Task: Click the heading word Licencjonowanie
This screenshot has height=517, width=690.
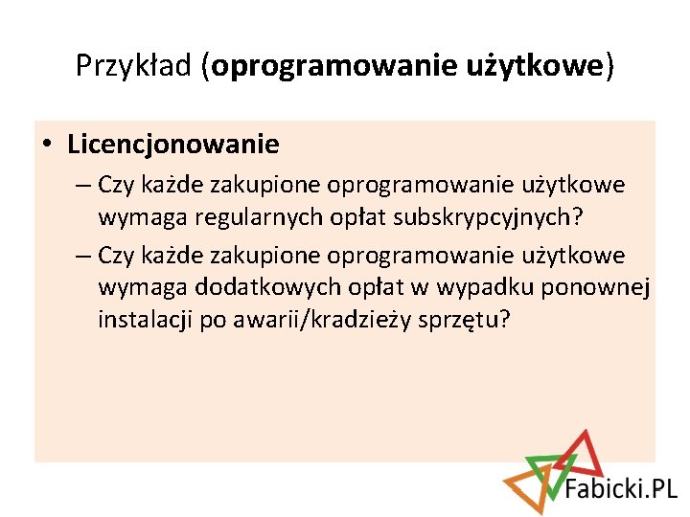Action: coord(173,145)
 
